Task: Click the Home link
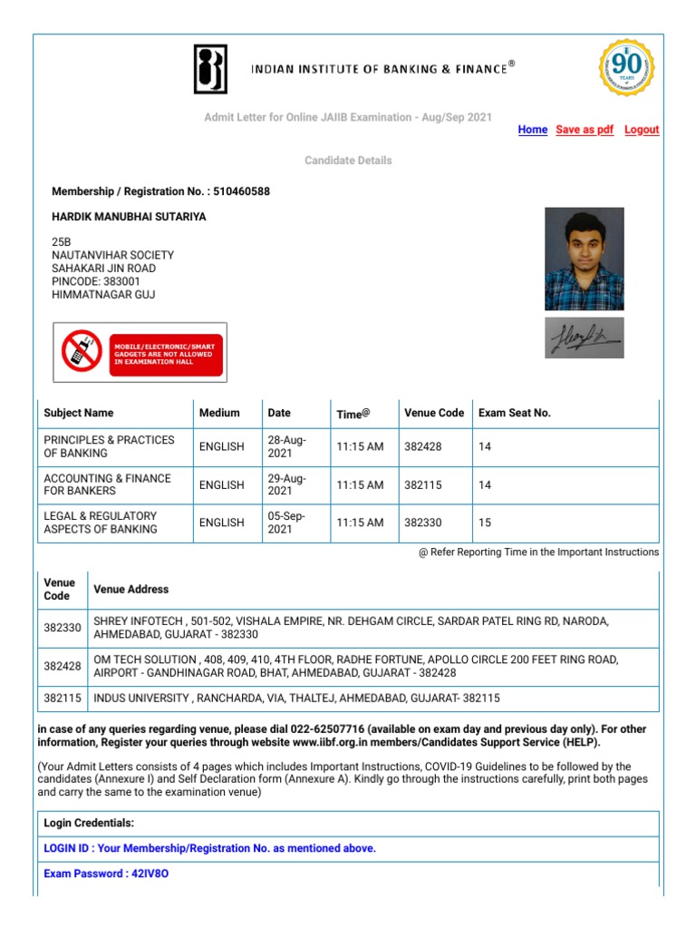[x=532, y=130]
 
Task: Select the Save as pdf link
[x=585, y=130]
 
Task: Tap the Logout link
[x=642, y=130]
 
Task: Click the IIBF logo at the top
[x=210, y=69]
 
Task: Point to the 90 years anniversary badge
[x=626, y=68]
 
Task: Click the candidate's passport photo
[x=584, y=259]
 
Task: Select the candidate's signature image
[x=584, y=337]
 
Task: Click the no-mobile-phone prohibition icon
[x=82, y=350]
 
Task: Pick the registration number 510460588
[x=241, y=191]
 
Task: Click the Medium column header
[x=219, y=413]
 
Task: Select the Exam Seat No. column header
[x=514, y=413]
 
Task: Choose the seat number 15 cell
[x=485, y=523]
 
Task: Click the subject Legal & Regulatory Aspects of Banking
[x=101, y=523]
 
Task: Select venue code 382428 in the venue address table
[x=63, y=667]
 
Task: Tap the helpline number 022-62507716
[x=325, y=729]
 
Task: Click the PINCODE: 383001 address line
[x=96, y=281]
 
